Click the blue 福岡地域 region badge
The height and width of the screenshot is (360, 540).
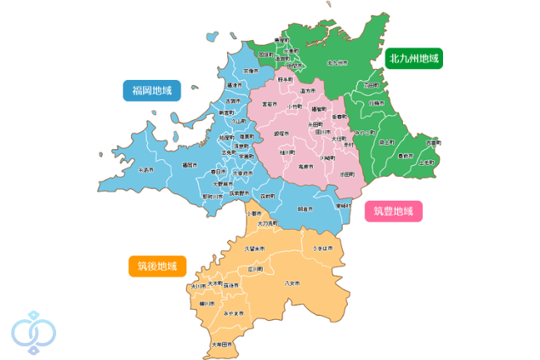pos(152,90)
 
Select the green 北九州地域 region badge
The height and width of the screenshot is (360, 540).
pos(414,59)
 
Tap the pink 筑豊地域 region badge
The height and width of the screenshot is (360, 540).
pos(393,211)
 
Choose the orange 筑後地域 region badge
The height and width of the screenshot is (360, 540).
pos(157,266)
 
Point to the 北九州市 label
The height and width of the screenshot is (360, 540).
pos(338,63)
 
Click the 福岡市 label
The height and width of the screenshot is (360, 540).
pos(190,165)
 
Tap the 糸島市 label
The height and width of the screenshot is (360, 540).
pos(146,170)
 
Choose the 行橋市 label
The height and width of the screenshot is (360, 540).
pos(377,103)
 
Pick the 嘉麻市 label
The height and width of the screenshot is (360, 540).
pos(304,167)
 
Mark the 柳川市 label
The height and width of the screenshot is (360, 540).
pos(206,303)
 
